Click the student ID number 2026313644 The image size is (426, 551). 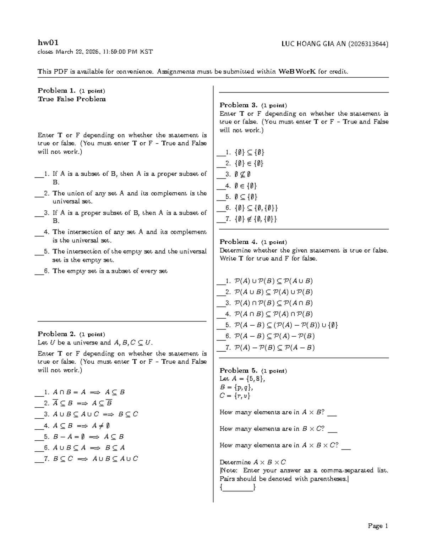[368, 44]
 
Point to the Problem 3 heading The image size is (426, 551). [238, 105]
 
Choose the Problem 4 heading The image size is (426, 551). [238, 242]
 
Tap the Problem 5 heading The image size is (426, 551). [238, 371]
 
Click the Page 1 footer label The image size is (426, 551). [378, 526]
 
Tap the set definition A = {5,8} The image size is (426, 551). [242, 379]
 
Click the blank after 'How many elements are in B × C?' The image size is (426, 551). [332, 430]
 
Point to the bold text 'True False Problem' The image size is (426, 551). [72, 99]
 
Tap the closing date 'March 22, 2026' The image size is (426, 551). [77, 52]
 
